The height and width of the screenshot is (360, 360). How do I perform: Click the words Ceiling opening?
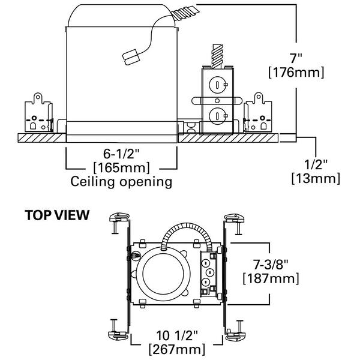point(122,181)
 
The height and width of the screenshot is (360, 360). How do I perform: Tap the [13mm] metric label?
point(316,178)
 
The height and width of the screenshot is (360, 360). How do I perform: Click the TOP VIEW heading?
point(57,214)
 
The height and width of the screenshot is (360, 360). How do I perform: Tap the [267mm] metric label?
point(178,349)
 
